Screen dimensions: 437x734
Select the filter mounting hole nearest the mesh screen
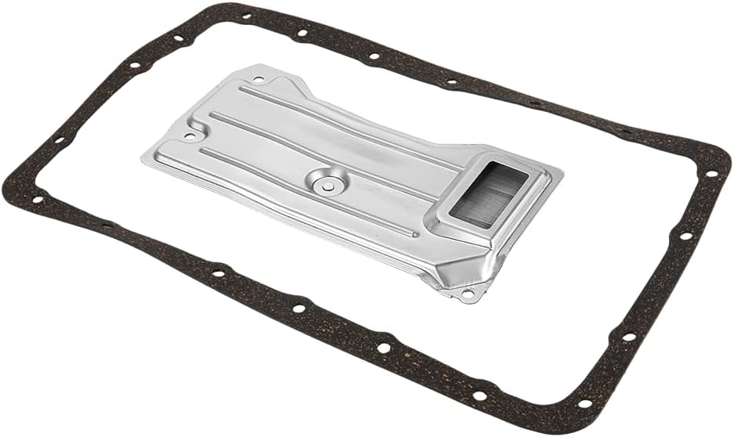tap(468, 294)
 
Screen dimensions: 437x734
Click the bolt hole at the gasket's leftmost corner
tap(36, 199)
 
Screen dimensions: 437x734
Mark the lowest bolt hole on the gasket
tap(584, 404)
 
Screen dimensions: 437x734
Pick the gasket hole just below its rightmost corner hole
tap(686, 236)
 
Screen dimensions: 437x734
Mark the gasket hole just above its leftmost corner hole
tap(58, 141)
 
